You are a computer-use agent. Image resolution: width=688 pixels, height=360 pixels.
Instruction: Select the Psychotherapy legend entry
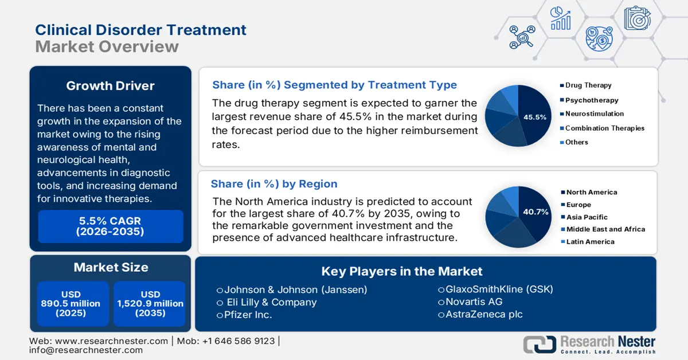click(x=592, y=100)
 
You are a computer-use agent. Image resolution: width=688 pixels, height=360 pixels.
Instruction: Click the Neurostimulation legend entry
click(x=595, y=114)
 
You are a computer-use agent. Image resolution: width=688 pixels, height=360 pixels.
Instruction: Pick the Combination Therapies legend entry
click(x=605, y=128)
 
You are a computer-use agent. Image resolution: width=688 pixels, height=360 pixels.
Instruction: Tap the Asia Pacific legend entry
click(x=587, y=217)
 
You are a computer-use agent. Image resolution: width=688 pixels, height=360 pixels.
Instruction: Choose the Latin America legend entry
click(x=590, y=242)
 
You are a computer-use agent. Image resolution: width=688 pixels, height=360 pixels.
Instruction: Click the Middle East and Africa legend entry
click(x=605, y=229)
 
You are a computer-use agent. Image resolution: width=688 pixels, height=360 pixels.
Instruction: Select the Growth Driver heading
click(x=110, y=86)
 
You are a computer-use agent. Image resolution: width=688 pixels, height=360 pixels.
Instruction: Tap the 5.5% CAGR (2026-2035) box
click(x=110, y=226)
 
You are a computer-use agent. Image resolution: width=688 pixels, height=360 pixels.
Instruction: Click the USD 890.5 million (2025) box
click(x=71, y=303)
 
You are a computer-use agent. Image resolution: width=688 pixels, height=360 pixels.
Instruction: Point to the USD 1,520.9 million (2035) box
click(x=148, y=303)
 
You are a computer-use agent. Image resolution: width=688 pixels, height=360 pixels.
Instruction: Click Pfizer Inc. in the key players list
click(x=244, y=315)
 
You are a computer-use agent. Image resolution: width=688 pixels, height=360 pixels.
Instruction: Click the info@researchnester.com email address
click(x=86, y=350)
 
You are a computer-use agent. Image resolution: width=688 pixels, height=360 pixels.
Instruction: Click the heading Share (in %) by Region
click(x=274, y=184)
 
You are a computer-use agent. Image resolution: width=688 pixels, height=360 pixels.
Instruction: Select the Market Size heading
click(x=111, y=267)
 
